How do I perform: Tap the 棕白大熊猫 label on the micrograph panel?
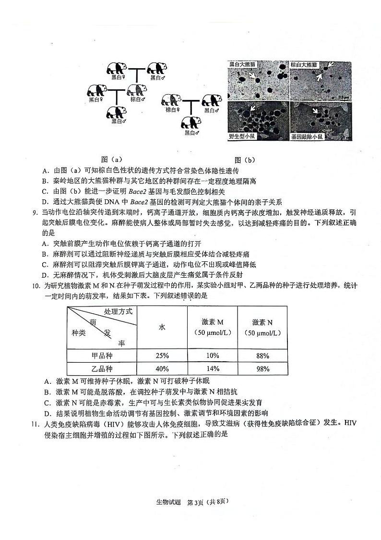pyautogui.click(x=306, y=64)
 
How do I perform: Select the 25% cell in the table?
pyautogui.click(x=162, y=356)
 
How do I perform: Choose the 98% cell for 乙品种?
pyautogui.click(x=262, y=369)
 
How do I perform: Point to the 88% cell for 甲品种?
pyautogui.click(x=262, y=356)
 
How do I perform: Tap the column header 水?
pyautogui.click(x=162, y=327)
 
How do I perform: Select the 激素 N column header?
pyautogui.click(x=262, y=327)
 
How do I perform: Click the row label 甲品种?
pyautogui.click(x=102, y=356)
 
